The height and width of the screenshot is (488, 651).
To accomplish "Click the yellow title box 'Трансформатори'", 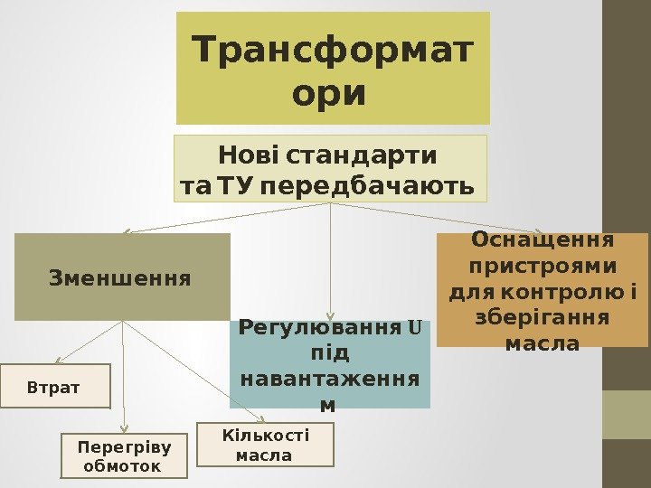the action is coord(332,68).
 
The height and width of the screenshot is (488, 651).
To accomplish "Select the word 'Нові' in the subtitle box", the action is coord(247,155).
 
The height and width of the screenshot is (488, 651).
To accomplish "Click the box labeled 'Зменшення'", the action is coord(122,277).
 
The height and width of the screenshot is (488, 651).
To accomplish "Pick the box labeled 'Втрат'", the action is coord(54,387).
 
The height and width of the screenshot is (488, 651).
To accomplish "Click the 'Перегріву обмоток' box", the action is coord(124,455).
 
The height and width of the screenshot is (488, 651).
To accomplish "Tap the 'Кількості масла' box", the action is coord(266,445).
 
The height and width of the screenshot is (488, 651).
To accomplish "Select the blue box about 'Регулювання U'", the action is coord(330,364).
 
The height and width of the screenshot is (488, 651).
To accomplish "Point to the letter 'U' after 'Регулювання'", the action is coord(415,326).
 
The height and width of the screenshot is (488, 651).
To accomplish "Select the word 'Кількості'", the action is coord(266,436).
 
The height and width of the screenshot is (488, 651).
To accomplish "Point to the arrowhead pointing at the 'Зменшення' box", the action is coord(127,231).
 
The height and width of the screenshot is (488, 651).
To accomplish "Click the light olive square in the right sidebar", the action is coord(627,414).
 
